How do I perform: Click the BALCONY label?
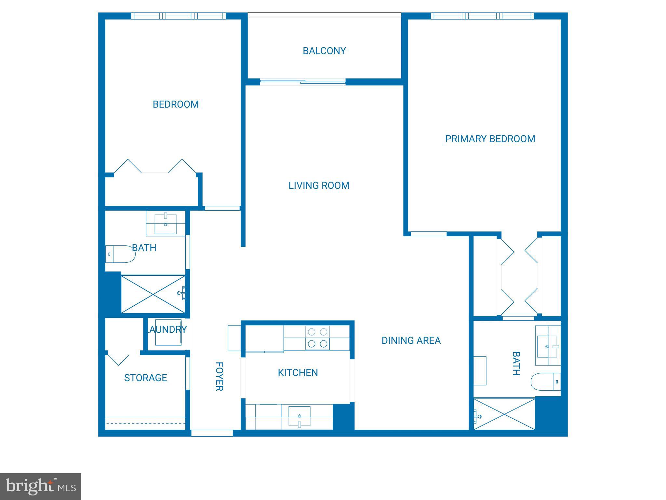[x=324, y=51]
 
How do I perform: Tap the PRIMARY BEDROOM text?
[x=490, y=139]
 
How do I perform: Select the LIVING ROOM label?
[x=319, y=186]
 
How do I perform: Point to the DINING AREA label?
[x=411, y=340]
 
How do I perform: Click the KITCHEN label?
[x=298, y=373]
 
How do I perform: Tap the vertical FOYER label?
[x=220, y=376]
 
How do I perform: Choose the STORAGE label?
[x=145, y=378]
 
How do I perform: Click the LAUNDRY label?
[x=167, y=330]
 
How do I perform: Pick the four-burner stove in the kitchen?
[x=317, y=338]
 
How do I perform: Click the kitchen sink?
[x=299, y=416]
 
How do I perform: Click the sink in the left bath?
[x=165, y=224]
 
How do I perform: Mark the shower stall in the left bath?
[x=153, y=294]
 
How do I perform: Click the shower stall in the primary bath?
[x=504, y=414]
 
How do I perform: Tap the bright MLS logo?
[x=41, y=486]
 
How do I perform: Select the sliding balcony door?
[x=302, y=82]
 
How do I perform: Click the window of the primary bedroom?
[x=482, y=16]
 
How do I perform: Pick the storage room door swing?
[x=118, y=359]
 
